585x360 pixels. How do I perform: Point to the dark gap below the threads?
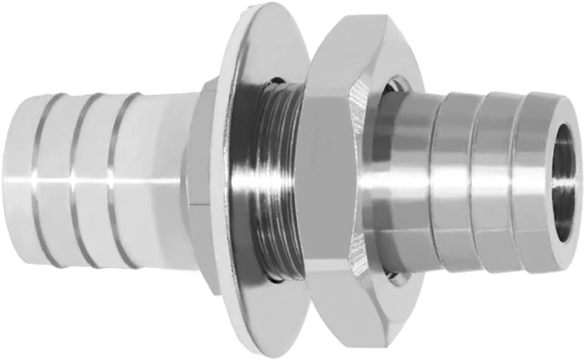(x=276, y=279)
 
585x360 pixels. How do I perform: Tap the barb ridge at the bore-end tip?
(x=533, y=182)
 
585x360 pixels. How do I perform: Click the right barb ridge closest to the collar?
(x=452, y=182)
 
